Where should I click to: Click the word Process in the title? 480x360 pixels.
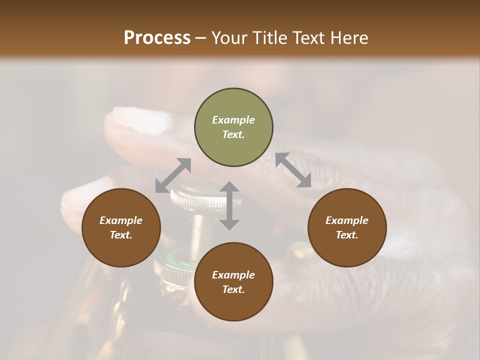point(157,37)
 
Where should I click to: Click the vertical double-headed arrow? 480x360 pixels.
point(229,205)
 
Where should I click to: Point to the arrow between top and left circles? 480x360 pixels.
point(173,175)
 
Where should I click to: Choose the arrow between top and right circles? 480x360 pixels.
point(293,170)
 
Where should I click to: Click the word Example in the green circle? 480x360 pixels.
point(233,120)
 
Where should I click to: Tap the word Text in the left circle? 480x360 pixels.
point(121,235)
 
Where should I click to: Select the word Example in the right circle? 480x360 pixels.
point(347,220)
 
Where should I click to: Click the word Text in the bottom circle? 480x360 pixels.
point(233,289)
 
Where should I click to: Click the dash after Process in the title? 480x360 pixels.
point(200,38)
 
